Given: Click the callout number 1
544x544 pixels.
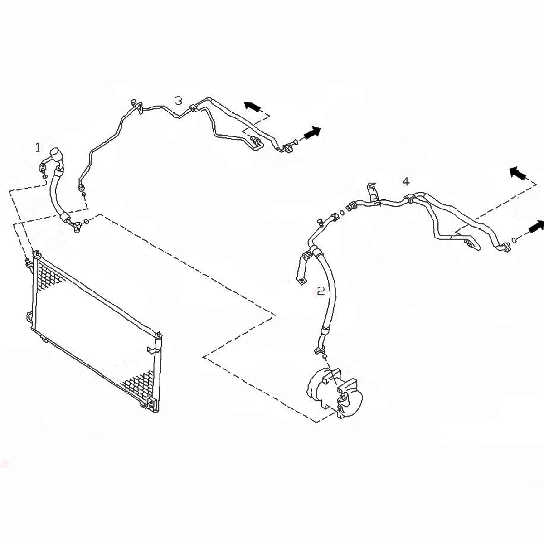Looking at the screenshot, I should pyautogui.click(x=38, y=147).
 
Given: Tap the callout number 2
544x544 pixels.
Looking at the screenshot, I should pyautogui.click(x=320, y=291).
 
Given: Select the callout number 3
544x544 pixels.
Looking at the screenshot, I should pyautogui.click(x=179, y=101).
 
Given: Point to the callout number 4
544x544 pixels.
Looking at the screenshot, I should pyautogui.click(x=406, y=181).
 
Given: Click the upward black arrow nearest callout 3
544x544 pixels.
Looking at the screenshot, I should pyautogui.click(x=253, y=107).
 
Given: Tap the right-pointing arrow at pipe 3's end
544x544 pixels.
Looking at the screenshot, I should pyautogui.click(x=312, y=133).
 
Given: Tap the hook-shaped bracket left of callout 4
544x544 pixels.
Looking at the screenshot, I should pyautogui.click(x=372, y=191).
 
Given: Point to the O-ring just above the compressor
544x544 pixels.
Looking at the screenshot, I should pyautogui.click(x=325, y=357).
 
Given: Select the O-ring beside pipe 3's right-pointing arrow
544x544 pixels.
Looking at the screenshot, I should pyautogui.click(x=295, y=141).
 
